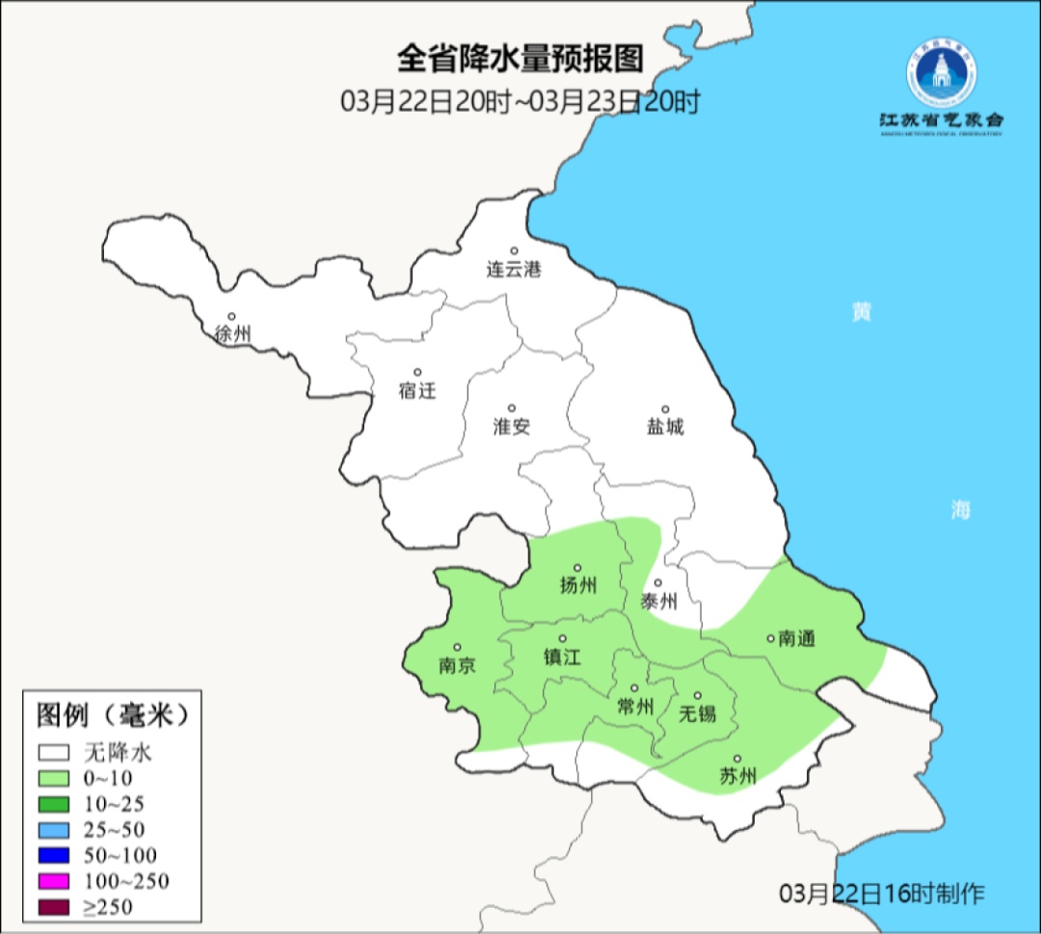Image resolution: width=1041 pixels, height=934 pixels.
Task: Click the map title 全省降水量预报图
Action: coord(520,60)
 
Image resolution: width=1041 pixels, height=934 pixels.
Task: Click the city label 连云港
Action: coord(514,270)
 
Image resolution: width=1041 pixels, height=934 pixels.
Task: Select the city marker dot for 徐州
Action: coord(231,316)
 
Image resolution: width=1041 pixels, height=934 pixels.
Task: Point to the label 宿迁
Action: coord(417,391)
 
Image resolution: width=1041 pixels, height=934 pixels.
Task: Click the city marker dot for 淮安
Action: coord(512,408)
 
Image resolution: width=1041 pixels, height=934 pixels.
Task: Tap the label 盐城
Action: coord(665,427)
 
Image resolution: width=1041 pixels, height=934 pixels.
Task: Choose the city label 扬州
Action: coord(578,585)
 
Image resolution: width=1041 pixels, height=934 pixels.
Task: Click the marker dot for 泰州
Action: coord(658,583)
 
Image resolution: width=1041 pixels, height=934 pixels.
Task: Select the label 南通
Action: coord(797,639)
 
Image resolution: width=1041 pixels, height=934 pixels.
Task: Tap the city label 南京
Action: coord(457,666)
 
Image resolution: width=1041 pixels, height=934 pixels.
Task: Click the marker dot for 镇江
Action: coord(563,639)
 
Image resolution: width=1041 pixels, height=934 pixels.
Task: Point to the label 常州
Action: coord(635,707)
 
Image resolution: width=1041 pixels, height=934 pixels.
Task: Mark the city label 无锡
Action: coord(698,714)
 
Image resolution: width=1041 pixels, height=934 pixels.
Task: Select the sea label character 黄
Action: coord(861,312)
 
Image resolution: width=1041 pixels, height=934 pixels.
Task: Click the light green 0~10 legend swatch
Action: coord(54,778)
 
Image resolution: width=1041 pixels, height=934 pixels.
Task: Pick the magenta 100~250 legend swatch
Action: coord(54,881)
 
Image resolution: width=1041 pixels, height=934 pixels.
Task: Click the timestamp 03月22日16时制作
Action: coord(882,893)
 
